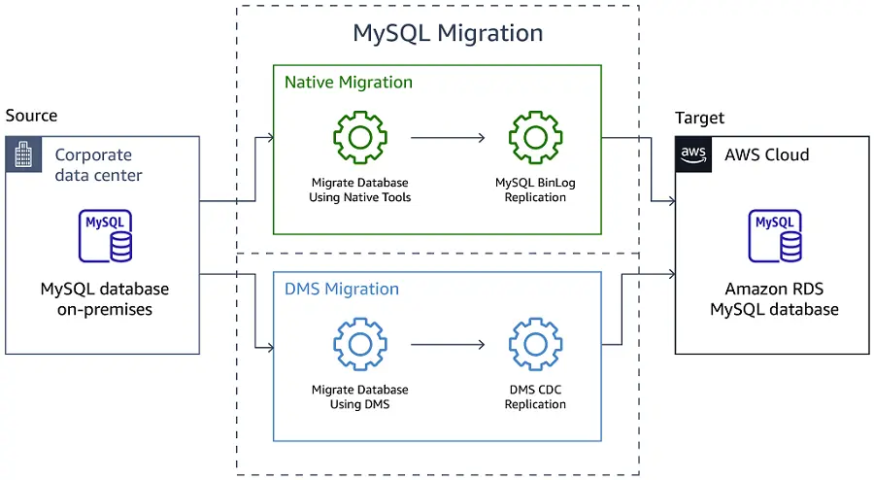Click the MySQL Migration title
pos(448,33)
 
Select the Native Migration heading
pos(348,83)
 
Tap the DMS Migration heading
pos(341,289)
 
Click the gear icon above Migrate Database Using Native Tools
pos(360,137)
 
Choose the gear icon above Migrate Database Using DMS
pos(360,345)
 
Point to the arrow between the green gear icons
pos(448,138)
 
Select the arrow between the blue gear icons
pos(448,345)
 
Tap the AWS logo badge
pos(694,154)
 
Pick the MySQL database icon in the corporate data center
pos(106,236)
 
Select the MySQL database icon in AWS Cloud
pos(774,236)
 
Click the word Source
pos(31,116)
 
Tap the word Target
pos(699,118)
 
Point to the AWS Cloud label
pos(766,154)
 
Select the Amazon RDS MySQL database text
pos(774,299)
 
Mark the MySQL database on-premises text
pos(105,299)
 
